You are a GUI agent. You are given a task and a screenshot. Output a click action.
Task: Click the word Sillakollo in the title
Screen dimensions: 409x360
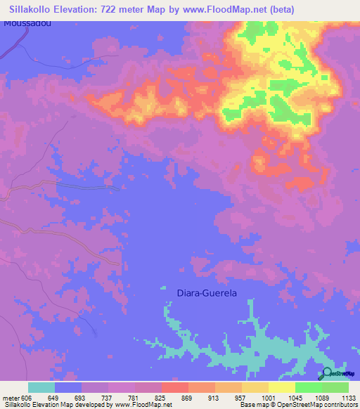tap(37, 9)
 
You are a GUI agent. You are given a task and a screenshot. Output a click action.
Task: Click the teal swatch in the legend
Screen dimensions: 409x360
tap(41, 387)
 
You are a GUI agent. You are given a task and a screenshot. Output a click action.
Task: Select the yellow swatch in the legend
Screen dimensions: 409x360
tap(281, 387)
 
